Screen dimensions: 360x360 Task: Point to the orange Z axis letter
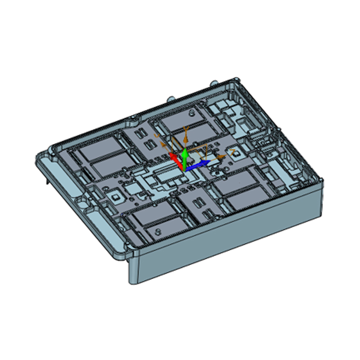point(232,148)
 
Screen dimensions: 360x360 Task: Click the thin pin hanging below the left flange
point(47,181)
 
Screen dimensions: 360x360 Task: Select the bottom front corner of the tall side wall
point(132,282)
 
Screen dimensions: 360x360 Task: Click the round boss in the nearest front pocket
point(158,230)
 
